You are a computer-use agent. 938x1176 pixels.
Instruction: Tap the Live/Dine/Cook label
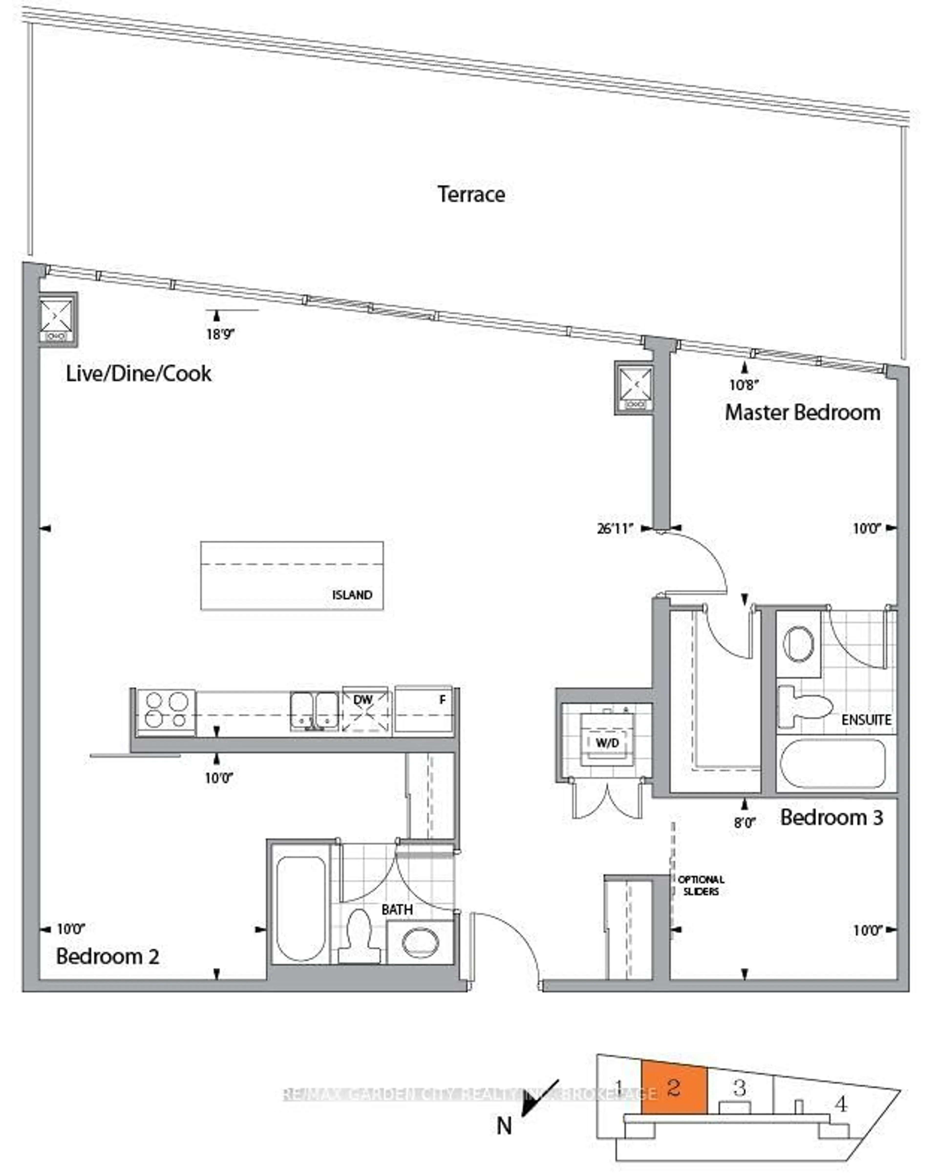click(139, 374)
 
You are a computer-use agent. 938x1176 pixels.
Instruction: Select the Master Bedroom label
click(802, 412)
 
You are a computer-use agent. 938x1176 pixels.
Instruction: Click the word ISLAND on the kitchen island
click(352, 595)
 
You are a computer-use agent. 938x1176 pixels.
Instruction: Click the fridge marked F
click(423, 709)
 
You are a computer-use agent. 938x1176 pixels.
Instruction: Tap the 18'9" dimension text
click(220, 334)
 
